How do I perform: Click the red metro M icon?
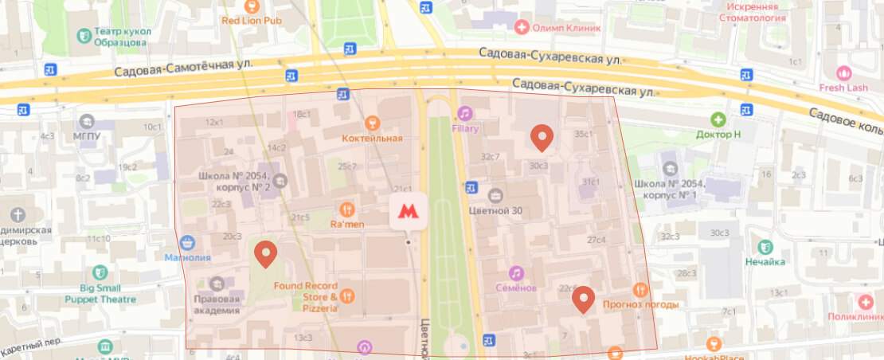pyautogui.click(x=408, y=212)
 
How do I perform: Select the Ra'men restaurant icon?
pyautogui.click(x=346, y=209)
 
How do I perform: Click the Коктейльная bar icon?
pyautogui.click(x=371, y=123)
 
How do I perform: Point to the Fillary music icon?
pyautogui.click(x=464, y=113)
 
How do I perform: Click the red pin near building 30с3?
pyautogui.click(x=542, y=138)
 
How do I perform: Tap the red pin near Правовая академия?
pyautogui.click(x=265, y=254)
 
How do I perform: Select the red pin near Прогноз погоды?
pyautogui.click(x=585, y=299)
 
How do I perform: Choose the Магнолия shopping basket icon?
pyautogui.click(x=188, y=242)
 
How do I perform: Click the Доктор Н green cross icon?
pyautogui.click(x=718, y=119)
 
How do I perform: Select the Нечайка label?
pyautogui.click(x=765, y=261)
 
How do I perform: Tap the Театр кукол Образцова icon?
pyautogui.click(x=83, y=35)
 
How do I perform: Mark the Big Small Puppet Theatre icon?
pyautogui.click(x=100, y=273)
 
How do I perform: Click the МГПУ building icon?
pyautogui.click(x=86, y=122)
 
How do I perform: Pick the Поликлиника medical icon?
pyautogui.click(x=866, y=302)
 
